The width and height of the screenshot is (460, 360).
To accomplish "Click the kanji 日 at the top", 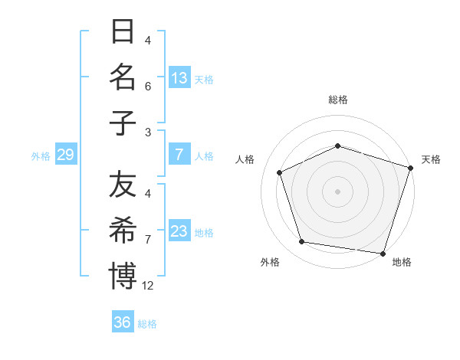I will [123, 33].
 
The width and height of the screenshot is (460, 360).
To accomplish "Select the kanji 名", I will [123, 78].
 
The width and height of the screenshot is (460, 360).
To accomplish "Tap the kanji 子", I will [123, 123].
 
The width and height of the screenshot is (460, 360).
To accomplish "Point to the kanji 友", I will [123, 185].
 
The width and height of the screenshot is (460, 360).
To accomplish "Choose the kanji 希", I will [123, 230].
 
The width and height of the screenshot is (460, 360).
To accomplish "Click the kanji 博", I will [123, 276].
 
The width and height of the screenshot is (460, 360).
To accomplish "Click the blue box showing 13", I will [179, 78].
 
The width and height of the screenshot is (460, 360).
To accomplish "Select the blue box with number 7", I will [179, 155].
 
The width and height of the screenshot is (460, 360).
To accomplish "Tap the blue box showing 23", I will [179, 232].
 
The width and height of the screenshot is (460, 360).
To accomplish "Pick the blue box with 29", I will [65, 155].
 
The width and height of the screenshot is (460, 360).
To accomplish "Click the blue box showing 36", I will [123, 322].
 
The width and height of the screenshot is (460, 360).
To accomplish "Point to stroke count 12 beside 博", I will [149, 286].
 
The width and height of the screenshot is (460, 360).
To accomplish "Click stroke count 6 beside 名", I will [148, 87].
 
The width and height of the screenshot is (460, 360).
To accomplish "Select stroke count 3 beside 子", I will [148, 132].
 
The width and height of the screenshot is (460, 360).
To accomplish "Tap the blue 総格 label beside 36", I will [148, 323].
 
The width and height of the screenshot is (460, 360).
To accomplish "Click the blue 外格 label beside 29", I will [41, 156].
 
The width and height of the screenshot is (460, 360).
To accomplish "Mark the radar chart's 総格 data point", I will [337, 146].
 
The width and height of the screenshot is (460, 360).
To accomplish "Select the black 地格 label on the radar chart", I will [402, 262].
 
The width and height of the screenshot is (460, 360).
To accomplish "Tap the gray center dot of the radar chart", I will [337, 191].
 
